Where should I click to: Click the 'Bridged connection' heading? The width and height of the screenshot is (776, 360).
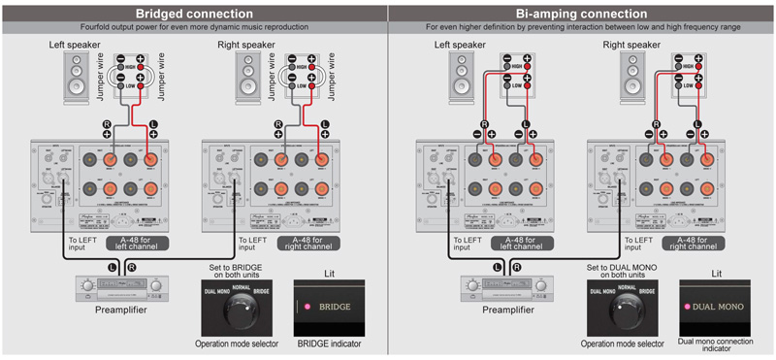tap(194, 13)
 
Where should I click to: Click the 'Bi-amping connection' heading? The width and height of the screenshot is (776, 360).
tap(582, 13)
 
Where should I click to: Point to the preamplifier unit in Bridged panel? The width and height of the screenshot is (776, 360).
tap(115, 287)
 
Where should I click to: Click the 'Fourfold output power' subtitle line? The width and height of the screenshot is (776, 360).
tap(194, 27)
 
